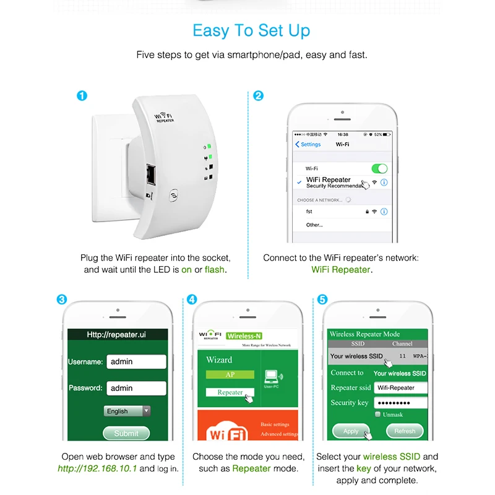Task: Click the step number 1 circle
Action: [82, 96]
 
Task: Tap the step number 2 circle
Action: [259, 96]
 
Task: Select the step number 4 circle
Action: [192, 299]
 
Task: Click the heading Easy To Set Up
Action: [251, 30]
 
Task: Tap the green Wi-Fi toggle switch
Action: [379, 168]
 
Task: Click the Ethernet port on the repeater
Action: [151, 175]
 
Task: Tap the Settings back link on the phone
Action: [308, 144]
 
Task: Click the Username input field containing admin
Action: [136, 361]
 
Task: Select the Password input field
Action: [136, 388]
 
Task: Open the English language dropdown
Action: [127, 411]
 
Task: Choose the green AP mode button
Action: [230, 374]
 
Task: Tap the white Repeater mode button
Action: [230, 392]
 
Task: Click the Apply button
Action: [351, 431]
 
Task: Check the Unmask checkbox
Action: [378, 415]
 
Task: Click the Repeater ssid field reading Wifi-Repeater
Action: [400, 388]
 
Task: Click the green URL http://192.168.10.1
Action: [97, 468]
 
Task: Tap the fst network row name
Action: [309, 212]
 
